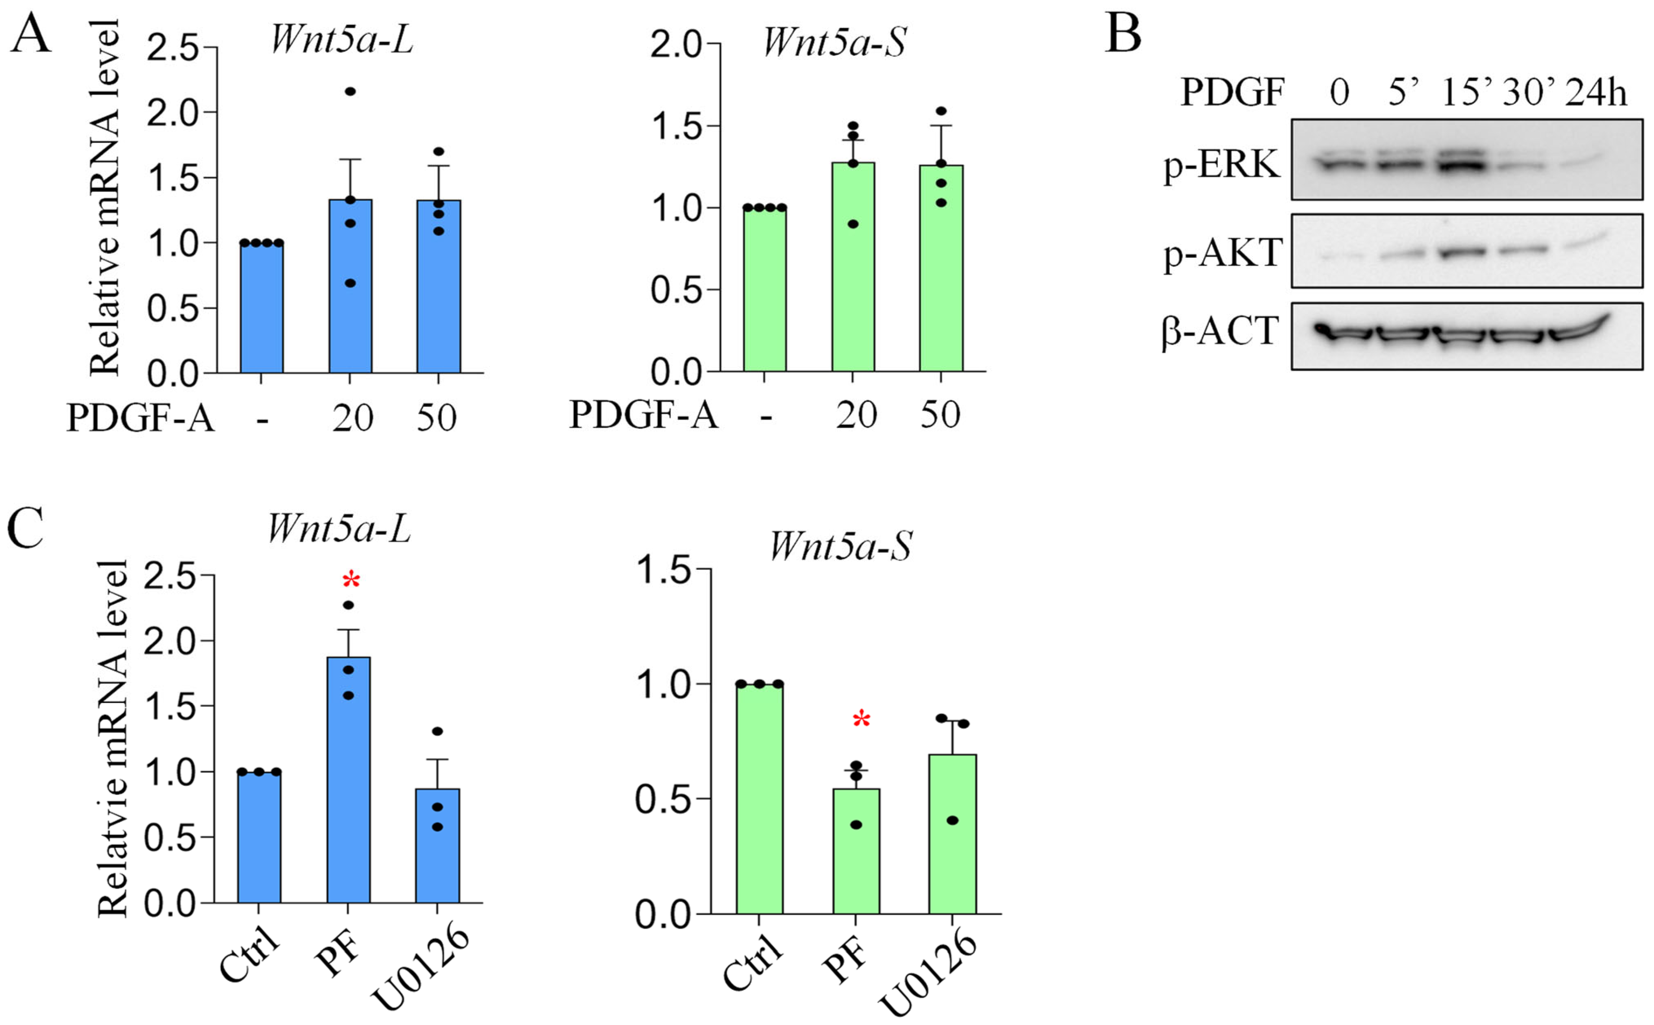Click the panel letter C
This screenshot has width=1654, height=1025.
click(25, 527)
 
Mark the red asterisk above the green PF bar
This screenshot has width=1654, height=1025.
click(861, 720)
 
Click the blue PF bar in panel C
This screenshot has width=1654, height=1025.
click(349, 780)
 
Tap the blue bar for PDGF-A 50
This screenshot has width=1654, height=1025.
click(438, 286)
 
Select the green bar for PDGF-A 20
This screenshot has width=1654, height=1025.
click(853, 266)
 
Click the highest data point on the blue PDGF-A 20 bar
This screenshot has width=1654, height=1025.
click(350, 91)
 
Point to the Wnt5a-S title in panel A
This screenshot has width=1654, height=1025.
click(834, 42)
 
